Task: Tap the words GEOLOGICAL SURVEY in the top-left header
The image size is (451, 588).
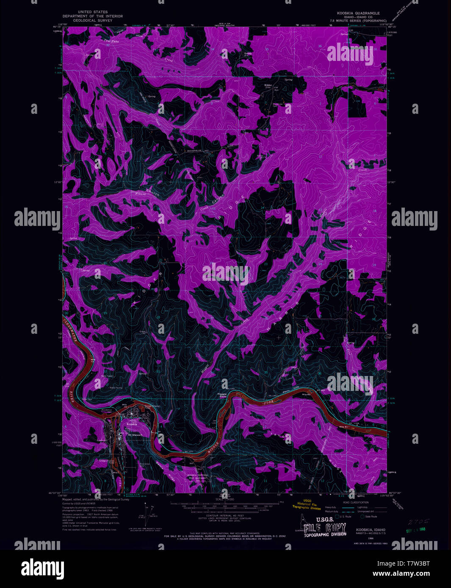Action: tap(93, 20)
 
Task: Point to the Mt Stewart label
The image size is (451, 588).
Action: tap(135, 434)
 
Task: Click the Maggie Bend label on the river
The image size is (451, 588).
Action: tap(222, 395)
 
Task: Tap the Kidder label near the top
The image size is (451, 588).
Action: tap(268, 85)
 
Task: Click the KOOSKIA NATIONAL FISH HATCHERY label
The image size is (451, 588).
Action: tap(198, 477)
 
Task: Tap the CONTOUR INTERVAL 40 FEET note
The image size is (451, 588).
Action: tap(221, 516)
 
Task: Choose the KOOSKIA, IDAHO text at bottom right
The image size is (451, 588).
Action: tap(367, 530)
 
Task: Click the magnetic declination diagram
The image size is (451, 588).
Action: tap(144, 514)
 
